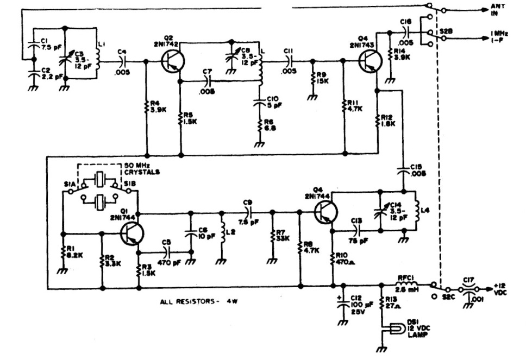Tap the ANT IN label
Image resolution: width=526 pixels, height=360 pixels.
point(497,9)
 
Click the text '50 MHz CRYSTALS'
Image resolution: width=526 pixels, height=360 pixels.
point(141,168)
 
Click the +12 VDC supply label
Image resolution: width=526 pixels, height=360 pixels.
point(503,288)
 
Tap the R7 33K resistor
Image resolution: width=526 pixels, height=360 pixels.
point(273,237)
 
